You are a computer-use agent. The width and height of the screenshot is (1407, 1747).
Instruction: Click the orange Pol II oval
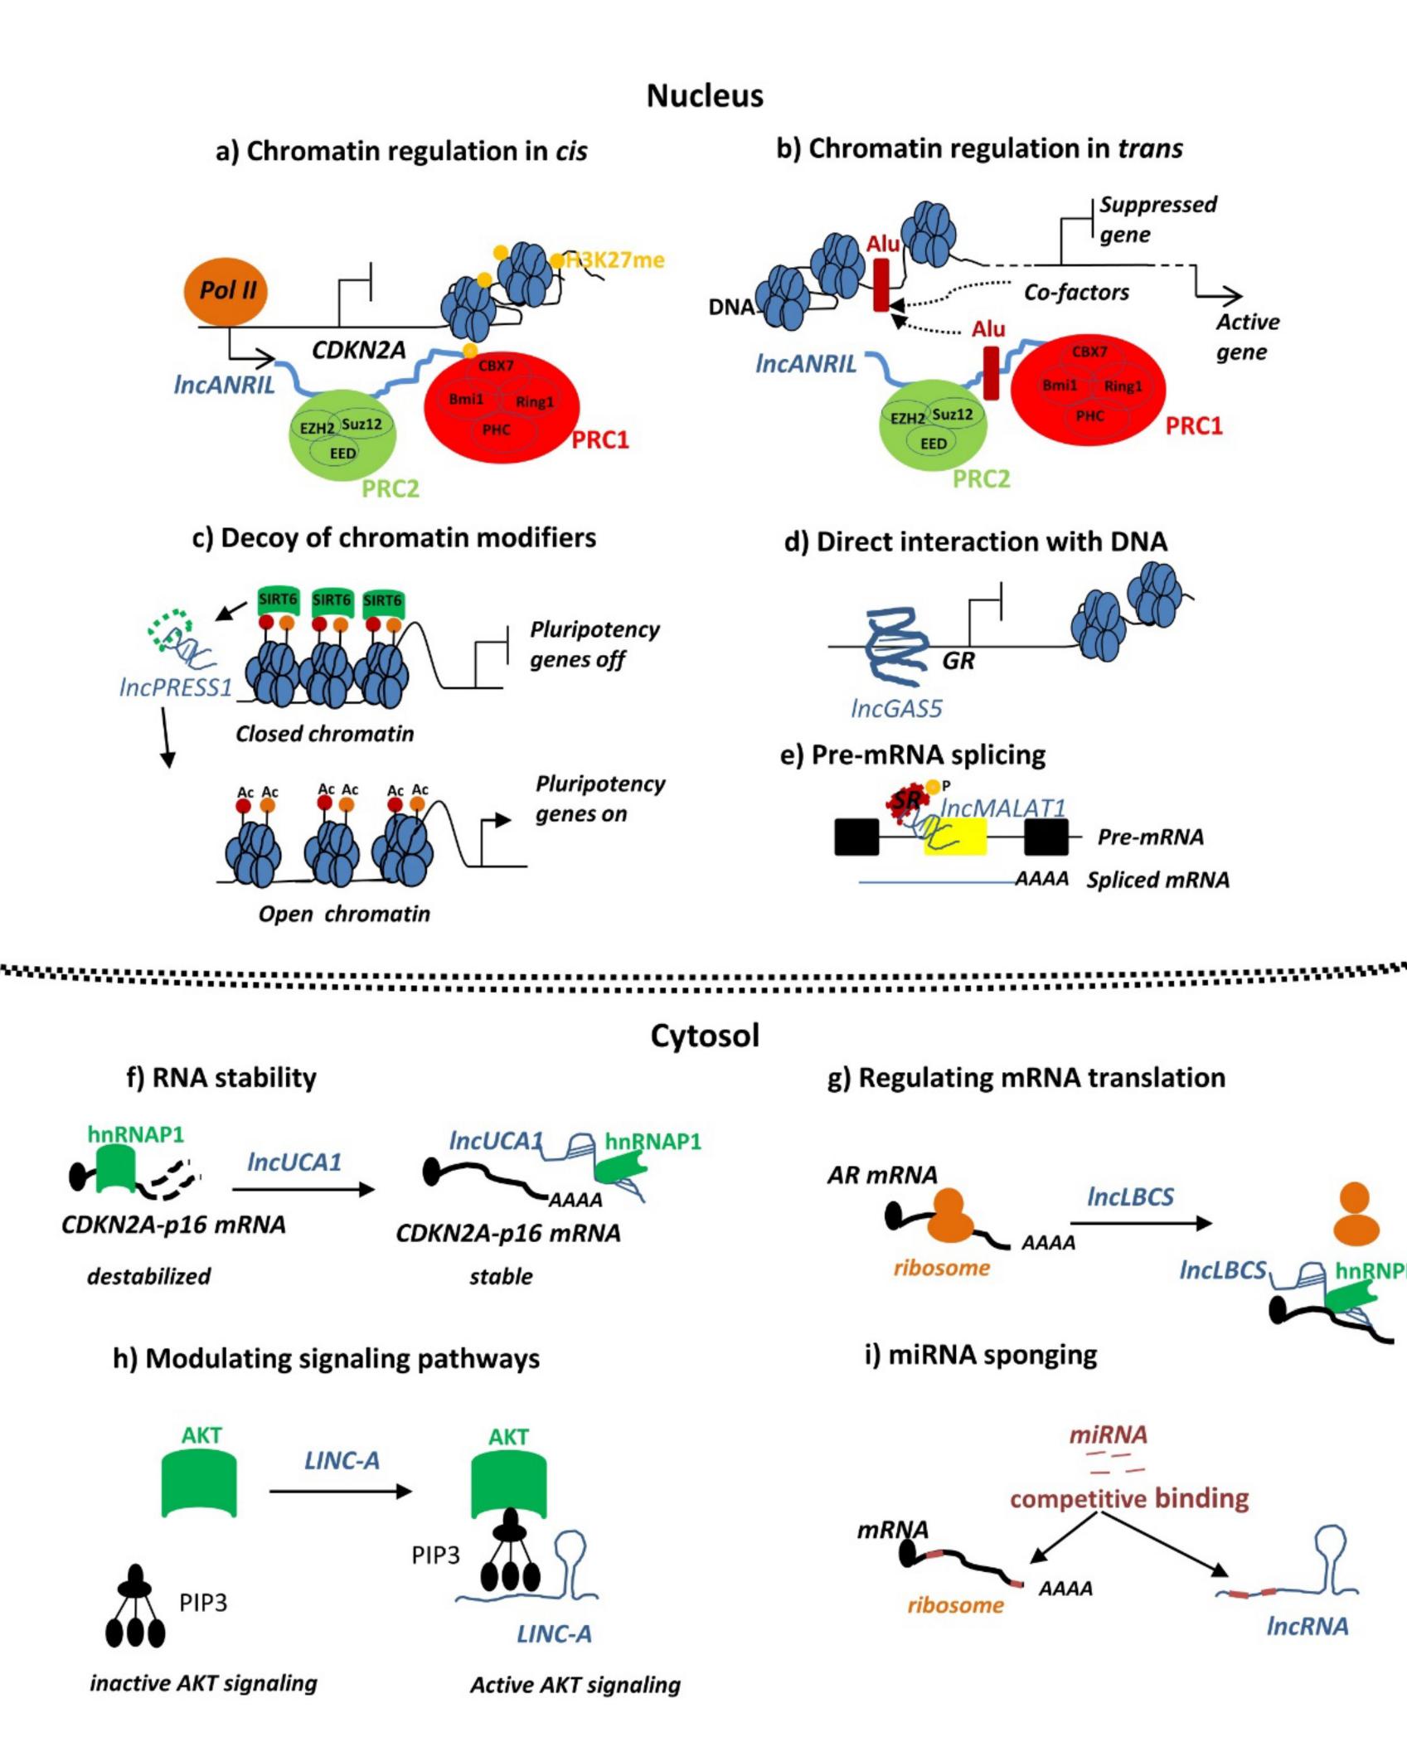[226, 291]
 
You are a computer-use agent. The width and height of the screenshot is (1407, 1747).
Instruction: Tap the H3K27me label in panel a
[615, 260]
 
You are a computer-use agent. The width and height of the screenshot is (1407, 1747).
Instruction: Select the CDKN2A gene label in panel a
[358, 351]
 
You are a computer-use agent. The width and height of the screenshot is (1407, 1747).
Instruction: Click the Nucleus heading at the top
[705, 96]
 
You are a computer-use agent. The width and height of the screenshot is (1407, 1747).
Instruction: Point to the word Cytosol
[705, 1036]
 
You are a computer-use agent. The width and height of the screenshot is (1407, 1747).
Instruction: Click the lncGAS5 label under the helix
[896, 708]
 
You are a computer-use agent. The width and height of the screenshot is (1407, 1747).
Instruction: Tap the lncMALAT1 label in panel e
[1002, 808]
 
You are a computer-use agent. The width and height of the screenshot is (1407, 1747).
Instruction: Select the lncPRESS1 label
[176, 687]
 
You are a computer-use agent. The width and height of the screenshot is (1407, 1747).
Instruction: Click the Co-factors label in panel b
[1076, 293]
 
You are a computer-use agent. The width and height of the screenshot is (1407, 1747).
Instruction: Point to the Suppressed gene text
[1157, 220]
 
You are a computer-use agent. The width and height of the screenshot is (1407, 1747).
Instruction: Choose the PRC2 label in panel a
[391, 488]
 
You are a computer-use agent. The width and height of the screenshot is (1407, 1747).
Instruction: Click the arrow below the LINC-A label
[340, 1491]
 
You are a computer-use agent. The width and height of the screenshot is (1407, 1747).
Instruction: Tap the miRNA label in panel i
[1108, 1434]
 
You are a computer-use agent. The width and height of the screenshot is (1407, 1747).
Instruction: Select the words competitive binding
[1129, 1498]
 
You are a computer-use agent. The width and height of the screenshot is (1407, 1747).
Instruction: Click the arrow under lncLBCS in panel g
[1141, 1223]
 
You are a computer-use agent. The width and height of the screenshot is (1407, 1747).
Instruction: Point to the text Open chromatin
[344, 914]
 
